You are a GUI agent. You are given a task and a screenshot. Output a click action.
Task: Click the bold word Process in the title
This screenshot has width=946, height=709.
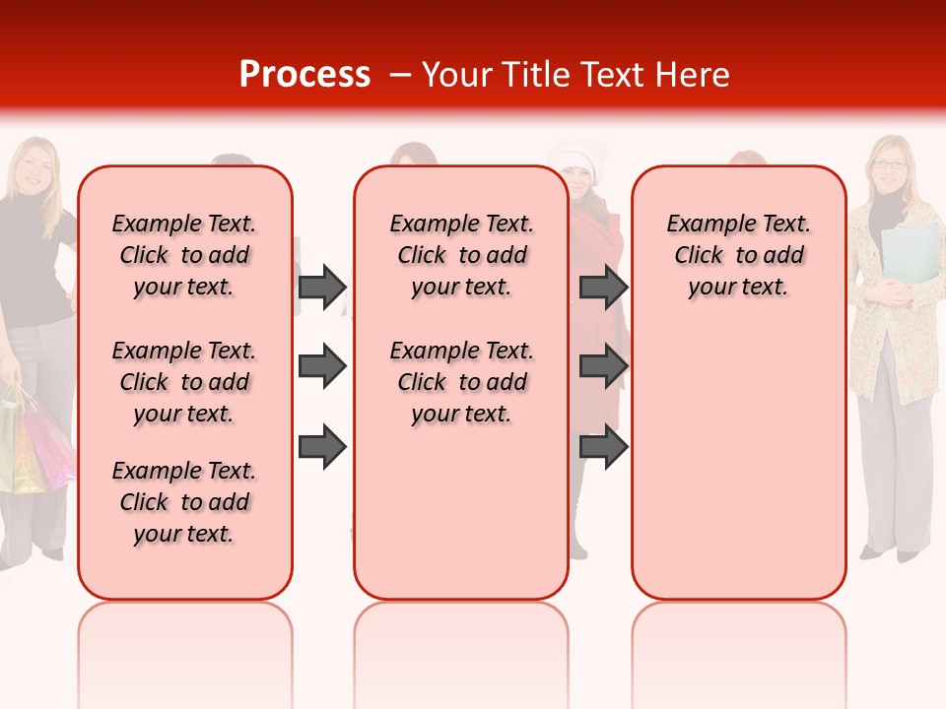tap(304, 75)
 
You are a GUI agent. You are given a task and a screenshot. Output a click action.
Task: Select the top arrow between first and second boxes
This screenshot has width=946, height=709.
tap(322, 287)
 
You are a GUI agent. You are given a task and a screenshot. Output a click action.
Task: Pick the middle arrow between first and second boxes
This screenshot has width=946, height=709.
tap(322, 367)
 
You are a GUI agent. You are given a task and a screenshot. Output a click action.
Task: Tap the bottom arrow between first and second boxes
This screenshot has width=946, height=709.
tap(322, 447)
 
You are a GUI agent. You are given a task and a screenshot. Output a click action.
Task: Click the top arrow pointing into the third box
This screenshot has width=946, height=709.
tap(603, 287)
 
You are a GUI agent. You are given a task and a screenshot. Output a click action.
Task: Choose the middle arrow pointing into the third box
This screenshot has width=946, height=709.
tap(603, 367)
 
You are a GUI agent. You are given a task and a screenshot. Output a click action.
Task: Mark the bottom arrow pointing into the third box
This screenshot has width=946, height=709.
tap(603, 447)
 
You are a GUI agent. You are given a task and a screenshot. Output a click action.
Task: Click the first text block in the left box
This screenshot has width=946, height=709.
tap(184, 255)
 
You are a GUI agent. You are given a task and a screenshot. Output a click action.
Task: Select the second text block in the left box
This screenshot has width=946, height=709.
tap(184, 382)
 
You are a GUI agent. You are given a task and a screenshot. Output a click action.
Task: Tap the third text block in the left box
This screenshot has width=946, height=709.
tap(184, 502)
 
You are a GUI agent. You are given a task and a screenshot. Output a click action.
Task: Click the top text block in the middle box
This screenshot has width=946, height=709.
tap(461, 255)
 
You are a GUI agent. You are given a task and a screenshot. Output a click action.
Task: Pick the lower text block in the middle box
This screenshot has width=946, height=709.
tap(461, 382)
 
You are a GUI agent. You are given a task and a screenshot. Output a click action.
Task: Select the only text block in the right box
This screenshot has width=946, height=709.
tap(738, 255)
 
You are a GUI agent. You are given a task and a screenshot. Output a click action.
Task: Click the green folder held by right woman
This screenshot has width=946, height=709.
tap(912, 251)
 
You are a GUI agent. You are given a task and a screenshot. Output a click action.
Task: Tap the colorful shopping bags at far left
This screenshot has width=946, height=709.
tap(34, 443)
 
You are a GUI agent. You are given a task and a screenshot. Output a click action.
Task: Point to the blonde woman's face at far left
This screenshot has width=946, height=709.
tap(34, 167)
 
